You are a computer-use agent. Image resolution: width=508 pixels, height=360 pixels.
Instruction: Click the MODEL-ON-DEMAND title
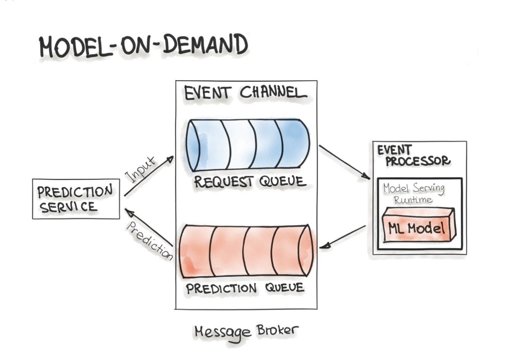(144, 46)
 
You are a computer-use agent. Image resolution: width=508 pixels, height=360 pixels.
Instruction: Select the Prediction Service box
(76, 199)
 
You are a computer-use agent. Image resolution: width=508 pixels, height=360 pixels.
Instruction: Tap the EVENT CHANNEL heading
(245, 93)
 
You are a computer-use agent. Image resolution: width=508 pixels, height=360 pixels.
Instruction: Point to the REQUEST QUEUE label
(250, 182)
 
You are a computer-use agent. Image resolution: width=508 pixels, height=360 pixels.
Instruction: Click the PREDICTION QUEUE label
(245, 288)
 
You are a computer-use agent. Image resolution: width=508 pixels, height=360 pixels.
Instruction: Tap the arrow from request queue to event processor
(344, 162)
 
